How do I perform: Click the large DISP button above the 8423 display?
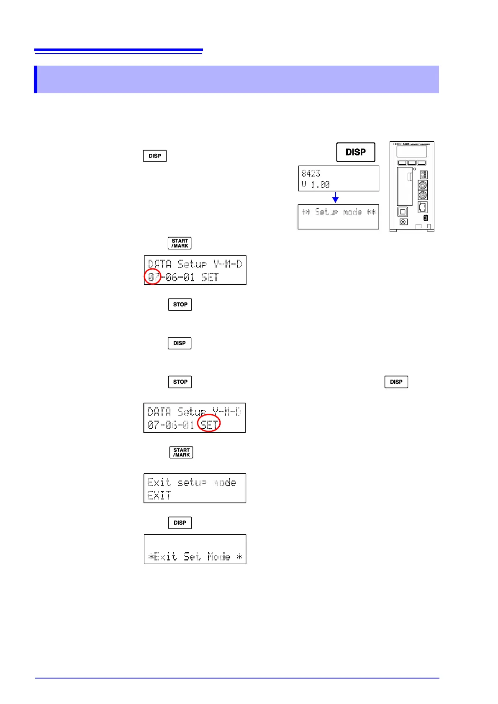point(356,152)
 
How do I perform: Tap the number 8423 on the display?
point(311,173)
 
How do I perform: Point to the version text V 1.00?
point(316,184)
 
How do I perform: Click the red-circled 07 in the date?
point(153,277)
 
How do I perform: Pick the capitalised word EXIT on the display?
point(159,496)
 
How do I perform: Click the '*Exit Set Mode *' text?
point(195,556)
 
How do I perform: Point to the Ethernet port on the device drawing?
point(423,207)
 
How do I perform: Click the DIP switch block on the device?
point(424,175)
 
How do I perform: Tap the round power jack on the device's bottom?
point(403,222)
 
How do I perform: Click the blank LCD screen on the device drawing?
point(412,151)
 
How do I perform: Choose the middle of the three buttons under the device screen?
point(412,163)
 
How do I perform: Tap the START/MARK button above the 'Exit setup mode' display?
point(181,452)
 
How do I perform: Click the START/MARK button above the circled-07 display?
point(180,243)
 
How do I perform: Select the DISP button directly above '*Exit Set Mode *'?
point(180,523)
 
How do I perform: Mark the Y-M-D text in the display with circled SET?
point(227,412)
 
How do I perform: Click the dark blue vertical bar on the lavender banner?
point(36,79)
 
